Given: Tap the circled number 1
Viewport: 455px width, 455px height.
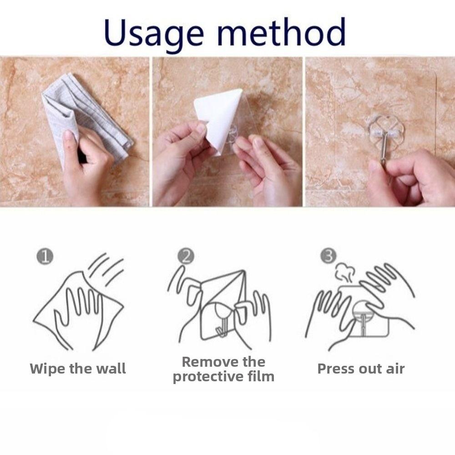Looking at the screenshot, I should (x=45, y=257).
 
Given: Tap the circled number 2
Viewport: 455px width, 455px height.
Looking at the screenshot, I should (x=186, y=256).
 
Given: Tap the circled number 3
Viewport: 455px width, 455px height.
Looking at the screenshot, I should (x=328, y=256).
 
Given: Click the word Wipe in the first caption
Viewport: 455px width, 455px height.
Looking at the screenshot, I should (x=47, y=369).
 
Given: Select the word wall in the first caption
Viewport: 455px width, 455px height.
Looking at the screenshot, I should (x=110, y=369).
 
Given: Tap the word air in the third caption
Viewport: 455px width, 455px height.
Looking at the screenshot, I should (x=395, y=369).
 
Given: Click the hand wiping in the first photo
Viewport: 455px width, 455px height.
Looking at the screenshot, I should (x=86, y=168).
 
